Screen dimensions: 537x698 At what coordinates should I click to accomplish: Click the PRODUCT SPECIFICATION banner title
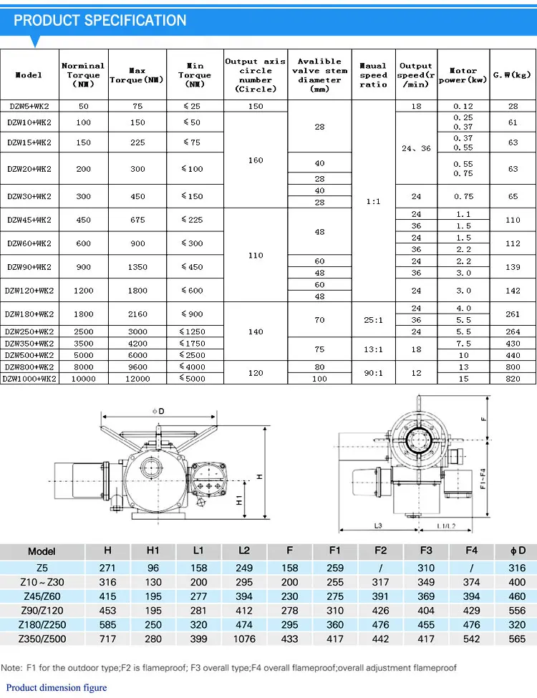click(x=100, y=21)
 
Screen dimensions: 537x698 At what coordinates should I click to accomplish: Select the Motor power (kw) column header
click(x=463, y=75)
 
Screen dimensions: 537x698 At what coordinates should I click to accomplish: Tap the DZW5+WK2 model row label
click(x=29, y=106)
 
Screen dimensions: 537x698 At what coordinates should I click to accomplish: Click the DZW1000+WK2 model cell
click(x=29, y=379)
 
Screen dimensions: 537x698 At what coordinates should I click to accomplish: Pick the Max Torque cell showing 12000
click(x=137, y=379)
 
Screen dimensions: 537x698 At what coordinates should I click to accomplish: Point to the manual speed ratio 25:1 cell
click(x=373, y=319)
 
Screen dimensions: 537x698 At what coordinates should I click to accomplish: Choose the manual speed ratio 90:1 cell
click(x=373, y=372)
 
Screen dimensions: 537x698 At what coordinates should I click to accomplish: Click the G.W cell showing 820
click(x=513, y=379)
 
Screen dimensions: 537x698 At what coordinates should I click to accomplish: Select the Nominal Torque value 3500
click(x=83, y=343)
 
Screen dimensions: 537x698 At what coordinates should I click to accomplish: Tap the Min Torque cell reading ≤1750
click(x=193, y=343)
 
